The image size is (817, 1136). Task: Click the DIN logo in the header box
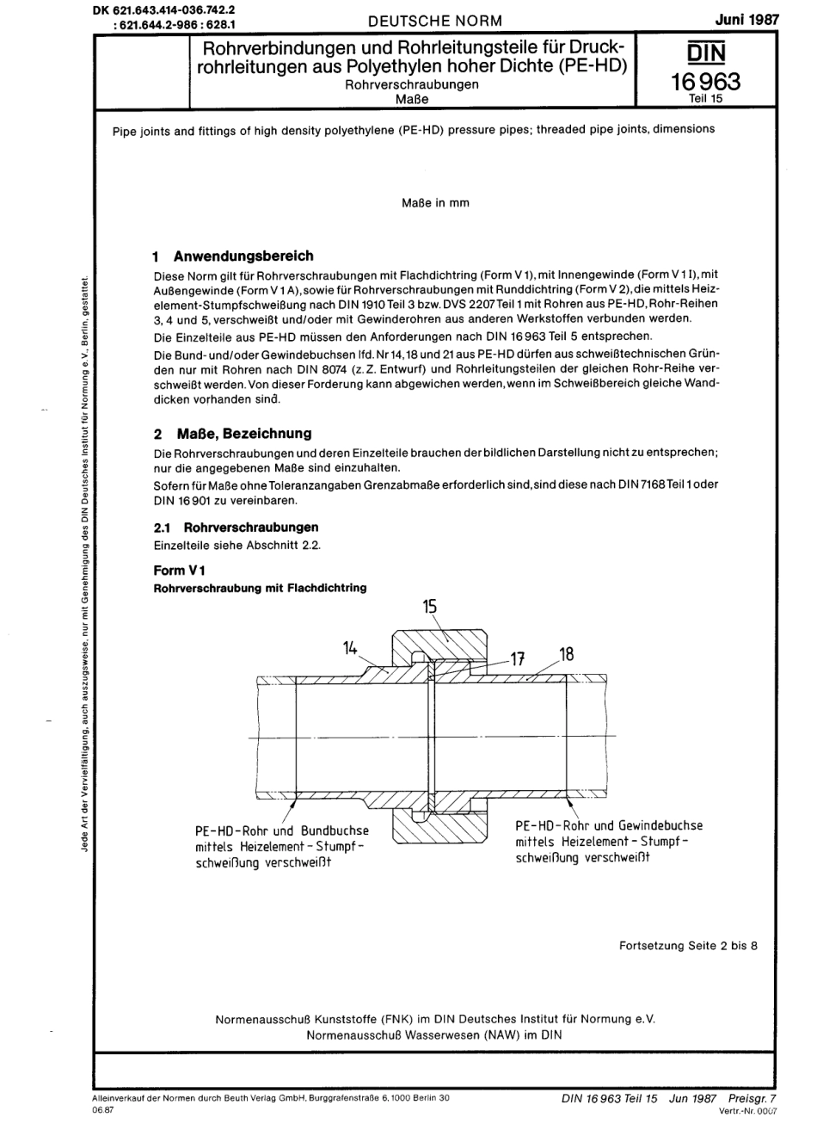[706, 53]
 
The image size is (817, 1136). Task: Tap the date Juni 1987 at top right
[746, 19]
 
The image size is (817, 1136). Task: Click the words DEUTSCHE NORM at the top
[434, 21]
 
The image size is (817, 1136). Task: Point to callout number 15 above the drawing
[430, 607]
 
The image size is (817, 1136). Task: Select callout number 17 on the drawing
[517, 660]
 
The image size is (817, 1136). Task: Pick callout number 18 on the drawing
[566, 655]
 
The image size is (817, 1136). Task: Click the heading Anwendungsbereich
[243, 256]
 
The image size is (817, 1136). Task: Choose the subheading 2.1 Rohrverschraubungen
[236, 528]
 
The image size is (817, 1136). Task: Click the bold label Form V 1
[179, 570]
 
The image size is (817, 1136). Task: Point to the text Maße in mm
[435, 203]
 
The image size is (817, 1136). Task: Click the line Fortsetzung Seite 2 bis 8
[688, 946]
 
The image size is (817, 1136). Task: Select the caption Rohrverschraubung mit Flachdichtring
[260, 588]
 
